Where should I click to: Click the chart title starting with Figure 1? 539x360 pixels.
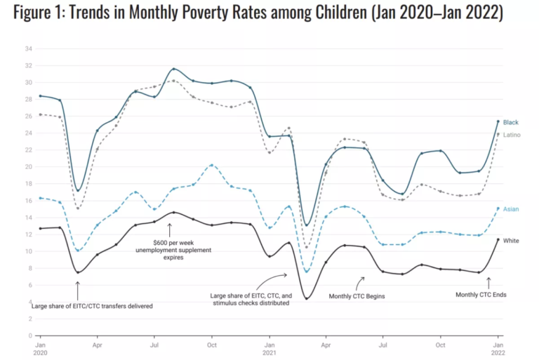pyautogui.click(x=257, y=14)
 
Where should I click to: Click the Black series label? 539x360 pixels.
pyautogui.click(x=510, y=122)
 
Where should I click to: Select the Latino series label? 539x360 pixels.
pyautogui.click(x=512, y=134)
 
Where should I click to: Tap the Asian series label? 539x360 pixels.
pyautogui.click(x=511, y=209)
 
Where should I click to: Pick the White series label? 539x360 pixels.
pyautogui.click(x=511, y=240)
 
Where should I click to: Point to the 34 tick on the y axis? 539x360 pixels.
pyautogui.click(x=28, y=48)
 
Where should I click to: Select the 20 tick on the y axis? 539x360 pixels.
pyautogui.click(x=28, y=166)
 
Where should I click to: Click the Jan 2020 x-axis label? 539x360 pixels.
pyautogui.click(x=40, y=349)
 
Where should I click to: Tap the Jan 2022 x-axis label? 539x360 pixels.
pyautogui.click(x=498, y=349)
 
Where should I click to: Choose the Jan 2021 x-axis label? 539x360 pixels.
pyautogui.click(x=269, y=349)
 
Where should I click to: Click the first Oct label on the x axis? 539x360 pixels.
pyautogui.click(x=211, y=346)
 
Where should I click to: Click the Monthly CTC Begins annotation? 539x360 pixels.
pyautogui.click(x=357, y=296)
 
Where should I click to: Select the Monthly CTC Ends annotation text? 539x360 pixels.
pyautogui.click(x=481, y=295)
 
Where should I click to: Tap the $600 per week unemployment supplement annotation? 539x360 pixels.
pyautogui.click(x=168, y=250)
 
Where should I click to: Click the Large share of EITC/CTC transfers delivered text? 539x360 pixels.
pyautogui.click(x=92, y=306)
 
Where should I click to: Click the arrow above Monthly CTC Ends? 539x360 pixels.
pyautogui.click(x=488, y=283)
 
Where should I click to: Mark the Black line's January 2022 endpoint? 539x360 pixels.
pyautogui.click(x=498, y=121)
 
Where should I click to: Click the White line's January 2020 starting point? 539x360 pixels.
pyautogui.click(x=40, y=228)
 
